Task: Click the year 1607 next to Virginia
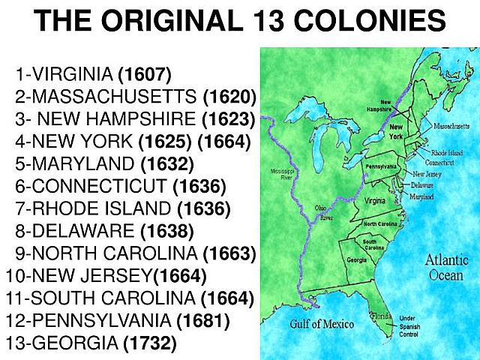coord(145,75)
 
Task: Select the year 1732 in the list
coord(150,344)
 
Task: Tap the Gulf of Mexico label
coord(322,324)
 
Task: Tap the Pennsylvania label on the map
coord(380,165)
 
